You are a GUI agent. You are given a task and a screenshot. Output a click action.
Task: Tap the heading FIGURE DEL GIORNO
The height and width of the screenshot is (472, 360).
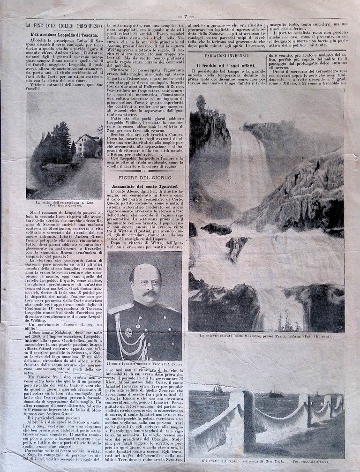pyautogui.click(x=144, y=179)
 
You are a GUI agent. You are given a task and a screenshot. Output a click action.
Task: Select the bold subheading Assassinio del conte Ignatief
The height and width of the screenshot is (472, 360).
pyautogui.click(x=143, y=186)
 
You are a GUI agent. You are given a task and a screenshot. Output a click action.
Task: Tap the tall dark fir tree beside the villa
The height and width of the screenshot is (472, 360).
pyautogui.click(x=62, y=141)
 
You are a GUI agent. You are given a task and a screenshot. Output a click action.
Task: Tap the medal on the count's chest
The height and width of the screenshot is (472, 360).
pyautogui.click(x=128, y=332)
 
